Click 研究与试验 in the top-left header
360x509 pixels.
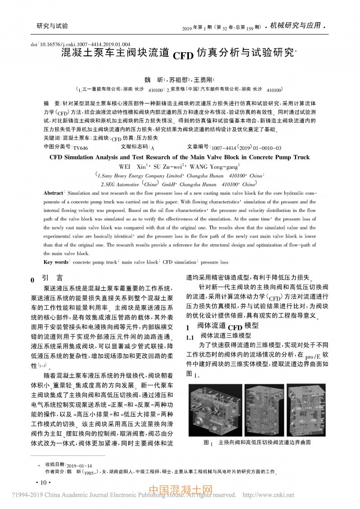[x=52, y=26]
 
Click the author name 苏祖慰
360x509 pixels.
[x=181, y=79]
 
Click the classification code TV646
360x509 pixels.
[x=81, y=148]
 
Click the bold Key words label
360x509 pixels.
[x=56, y=262]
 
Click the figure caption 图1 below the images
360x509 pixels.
[x=257, y=443]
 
